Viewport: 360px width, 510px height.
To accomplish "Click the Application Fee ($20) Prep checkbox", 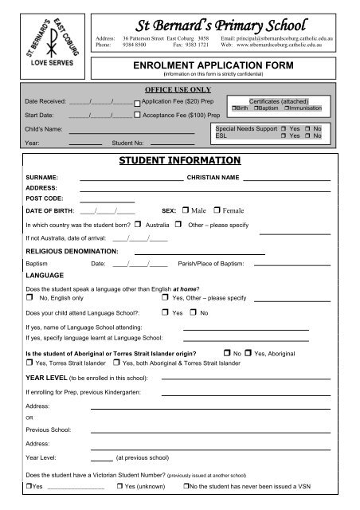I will point(137,104).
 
